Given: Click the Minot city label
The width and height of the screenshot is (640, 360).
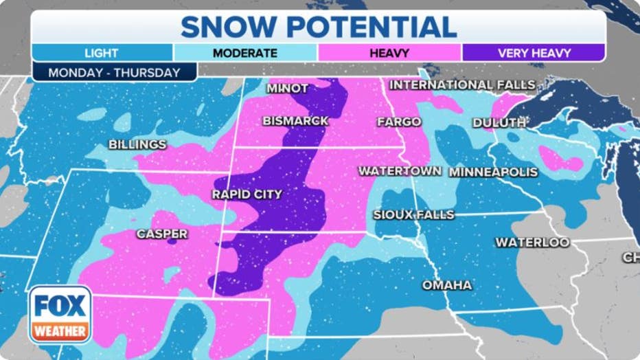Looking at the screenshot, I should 287,89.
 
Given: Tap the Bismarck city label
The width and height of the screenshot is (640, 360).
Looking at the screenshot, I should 295,121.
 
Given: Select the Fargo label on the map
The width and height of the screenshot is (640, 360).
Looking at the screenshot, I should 399,122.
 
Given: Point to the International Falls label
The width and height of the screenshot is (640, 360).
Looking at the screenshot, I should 462,85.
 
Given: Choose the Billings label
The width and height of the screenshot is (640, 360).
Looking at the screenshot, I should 137,144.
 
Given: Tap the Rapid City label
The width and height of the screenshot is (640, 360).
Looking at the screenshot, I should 247,194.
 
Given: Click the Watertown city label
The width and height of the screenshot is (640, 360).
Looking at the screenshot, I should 400,170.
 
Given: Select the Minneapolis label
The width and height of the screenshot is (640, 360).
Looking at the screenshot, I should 493,172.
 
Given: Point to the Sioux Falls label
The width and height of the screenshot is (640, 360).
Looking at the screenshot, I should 413,215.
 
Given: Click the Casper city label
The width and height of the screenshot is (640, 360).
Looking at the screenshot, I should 162,234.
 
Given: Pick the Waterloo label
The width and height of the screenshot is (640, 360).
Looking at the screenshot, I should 532,243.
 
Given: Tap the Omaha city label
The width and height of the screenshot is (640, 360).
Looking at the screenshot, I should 446,285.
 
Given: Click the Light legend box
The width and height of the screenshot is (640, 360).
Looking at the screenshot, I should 102,53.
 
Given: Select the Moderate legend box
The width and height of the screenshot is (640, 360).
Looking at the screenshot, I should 245,53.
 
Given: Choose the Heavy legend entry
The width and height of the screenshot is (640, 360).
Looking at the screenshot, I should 389,53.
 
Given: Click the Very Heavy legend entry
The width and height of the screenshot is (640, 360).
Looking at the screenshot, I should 534,53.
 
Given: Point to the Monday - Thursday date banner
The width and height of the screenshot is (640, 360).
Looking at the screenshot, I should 114,72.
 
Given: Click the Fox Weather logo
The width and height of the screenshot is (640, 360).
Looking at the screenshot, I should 60,314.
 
